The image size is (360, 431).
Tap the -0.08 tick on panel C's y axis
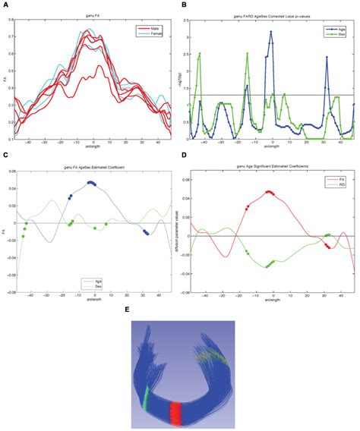click(14, 291)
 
